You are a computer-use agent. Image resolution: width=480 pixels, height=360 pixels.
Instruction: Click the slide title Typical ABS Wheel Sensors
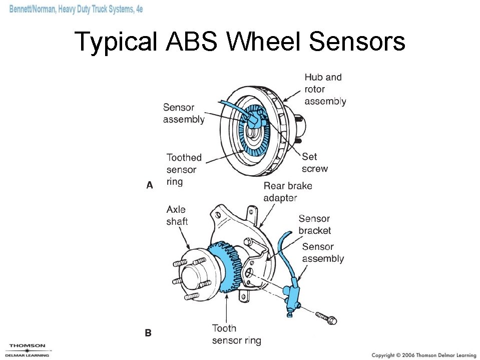(x=240, y=42)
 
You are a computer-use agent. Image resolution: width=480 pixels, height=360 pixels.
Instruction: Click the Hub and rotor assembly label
(x=325, y=89)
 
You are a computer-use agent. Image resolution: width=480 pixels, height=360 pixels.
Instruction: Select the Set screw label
(x=314, y=163)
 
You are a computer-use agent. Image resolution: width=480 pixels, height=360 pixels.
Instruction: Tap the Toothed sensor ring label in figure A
(x=184, y=169)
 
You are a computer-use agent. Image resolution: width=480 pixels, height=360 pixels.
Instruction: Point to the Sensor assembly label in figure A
(x=183, y=113)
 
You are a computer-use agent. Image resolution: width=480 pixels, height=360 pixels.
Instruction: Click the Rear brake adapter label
(x=287, y=192)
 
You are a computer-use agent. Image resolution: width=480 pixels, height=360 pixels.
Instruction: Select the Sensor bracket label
(x=314, y=224)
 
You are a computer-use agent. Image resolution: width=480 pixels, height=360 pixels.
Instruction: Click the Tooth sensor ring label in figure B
(x=236, y=334)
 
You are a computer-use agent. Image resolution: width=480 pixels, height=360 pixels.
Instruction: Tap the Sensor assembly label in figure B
(x=323, y=252)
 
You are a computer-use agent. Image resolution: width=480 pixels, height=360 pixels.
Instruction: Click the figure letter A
(x=149, y=185)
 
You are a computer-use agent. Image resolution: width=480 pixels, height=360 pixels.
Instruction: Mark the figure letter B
(x=148, y=332)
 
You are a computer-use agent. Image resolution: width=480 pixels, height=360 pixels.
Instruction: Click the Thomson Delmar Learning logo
(x=28, y=350)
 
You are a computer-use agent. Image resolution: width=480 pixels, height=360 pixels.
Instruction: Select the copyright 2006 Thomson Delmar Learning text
(x=423, y=354)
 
